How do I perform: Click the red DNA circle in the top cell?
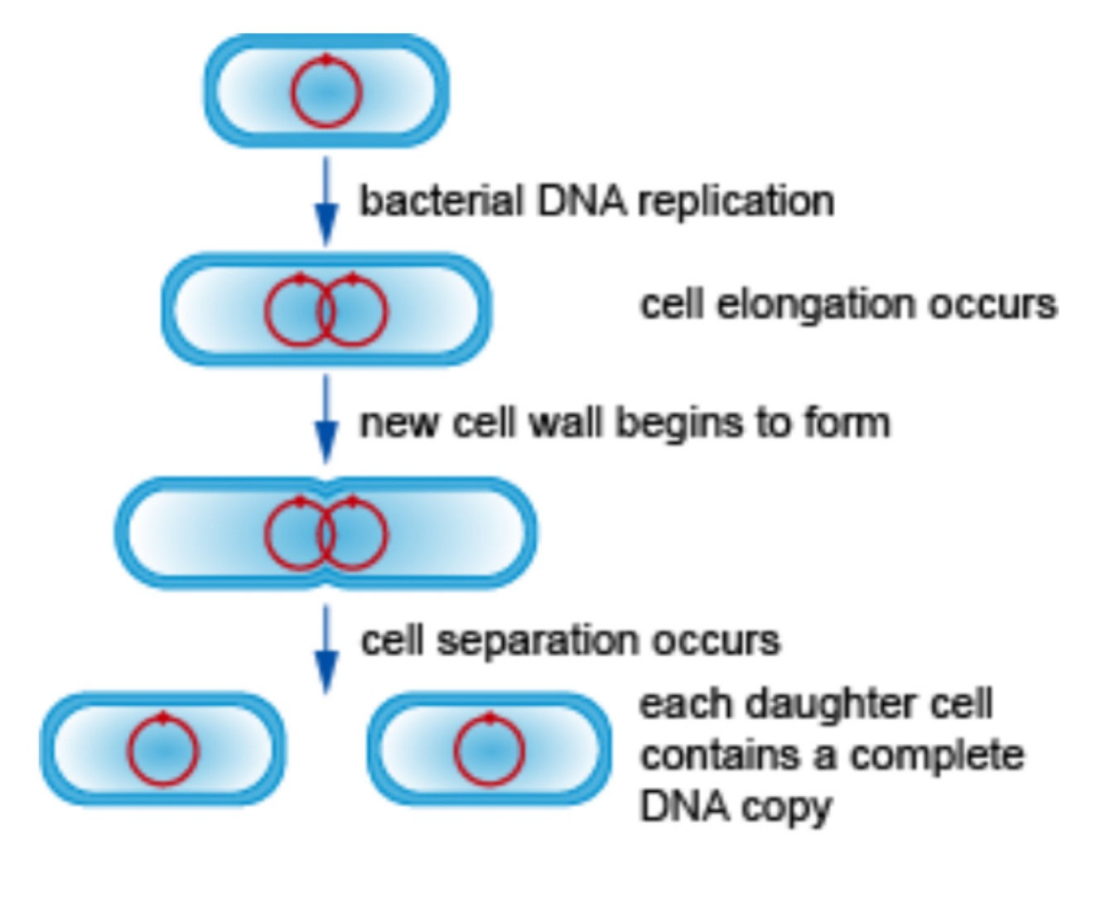click(x=326, y=91)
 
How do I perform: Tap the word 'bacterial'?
click(x=442, y=201)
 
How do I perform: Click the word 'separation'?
click(x=536, y=641)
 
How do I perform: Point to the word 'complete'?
click(x=937, y=756)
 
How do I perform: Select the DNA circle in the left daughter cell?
click(x=162, y=750)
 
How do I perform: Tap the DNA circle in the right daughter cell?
click(x=490, y=750)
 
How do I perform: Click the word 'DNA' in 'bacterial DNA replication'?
click(x=581, y=201)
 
